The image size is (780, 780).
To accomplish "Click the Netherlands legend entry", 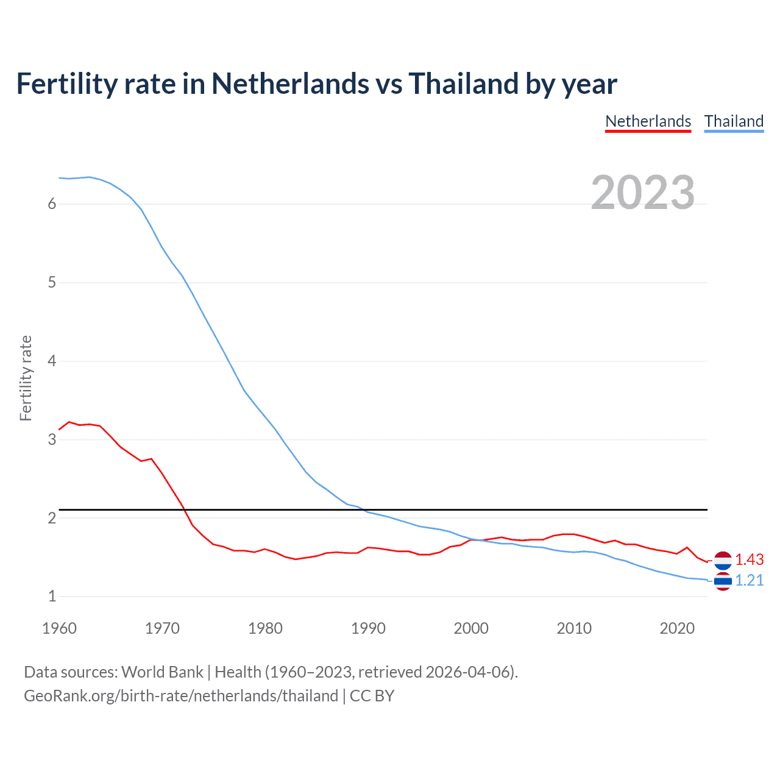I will point(648,121).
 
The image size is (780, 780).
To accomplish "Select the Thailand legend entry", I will point(734,121).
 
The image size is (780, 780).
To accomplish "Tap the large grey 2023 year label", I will point(643,193).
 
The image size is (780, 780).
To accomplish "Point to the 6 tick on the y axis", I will point(52,204).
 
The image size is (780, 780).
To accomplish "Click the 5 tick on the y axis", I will point(52,282).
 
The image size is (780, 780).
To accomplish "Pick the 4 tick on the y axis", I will point(52,361).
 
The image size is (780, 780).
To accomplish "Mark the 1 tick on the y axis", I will point(52,596).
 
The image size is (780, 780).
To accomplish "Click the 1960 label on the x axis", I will point(59,628).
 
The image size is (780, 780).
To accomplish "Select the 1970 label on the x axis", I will point(162,628).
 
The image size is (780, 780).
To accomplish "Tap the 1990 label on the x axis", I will point(368,628).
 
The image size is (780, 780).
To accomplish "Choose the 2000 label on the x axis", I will point(471,628).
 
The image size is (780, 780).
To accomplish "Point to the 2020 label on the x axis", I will point(677,628).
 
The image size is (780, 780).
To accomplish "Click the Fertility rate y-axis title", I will point(26,378).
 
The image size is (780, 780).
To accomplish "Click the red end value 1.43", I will point(749,559).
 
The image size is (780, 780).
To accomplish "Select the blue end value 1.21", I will point(749,580).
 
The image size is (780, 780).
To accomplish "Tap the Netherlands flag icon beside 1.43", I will point(723,560).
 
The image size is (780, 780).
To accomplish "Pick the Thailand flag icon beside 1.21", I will point(723,581).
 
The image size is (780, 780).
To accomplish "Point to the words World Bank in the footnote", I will point(162,672).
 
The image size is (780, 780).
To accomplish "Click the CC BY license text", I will point(372,695).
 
